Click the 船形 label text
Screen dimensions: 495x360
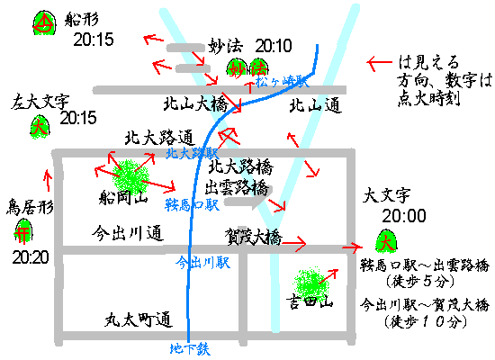click(x=81, y=20)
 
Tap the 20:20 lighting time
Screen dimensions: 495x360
click(x=31, y=257)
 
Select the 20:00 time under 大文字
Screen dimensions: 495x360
click(x=404, y=216)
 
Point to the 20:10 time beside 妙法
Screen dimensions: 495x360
click(x=274, y=46)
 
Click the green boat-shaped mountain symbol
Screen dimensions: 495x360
click(x=44, y=22)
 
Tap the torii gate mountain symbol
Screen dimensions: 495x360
click(x=23, y=230)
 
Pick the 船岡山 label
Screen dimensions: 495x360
click(x=123, y=198)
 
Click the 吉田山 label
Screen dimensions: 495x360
click(x=310, y=302)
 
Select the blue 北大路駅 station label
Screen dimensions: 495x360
click(x=193, y=154)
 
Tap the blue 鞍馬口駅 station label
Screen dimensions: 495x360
click(x=192, y=205)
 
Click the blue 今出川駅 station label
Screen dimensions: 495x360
click(x=203, y=263)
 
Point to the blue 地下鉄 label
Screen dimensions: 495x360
click(x=190, y=349)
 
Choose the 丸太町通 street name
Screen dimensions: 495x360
click(x=139, y=319)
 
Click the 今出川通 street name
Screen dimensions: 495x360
click(x=128, y=233)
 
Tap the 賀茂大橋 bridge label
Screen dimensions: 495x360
click(x=253, y=237)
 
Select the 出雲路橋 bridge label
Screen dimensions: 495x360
click(x=237, y=188)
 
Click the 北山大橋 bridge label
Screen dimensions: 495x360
click(x=195, y=103)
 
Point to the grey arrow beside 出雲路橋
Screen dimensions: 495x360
click(x=248, y=198)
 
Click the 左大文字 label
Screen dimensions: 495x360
click(x=40, y=102)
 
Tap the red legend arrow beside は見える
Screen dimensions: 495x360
click(x=379, y=62)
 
